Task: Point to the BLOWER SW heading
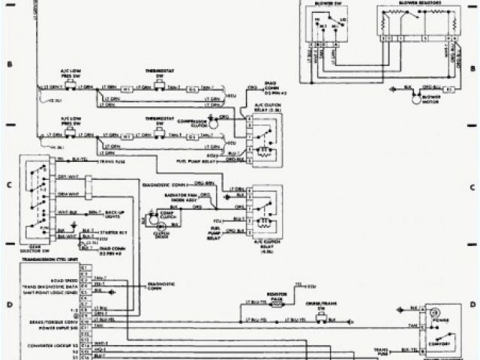[326, 4]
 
